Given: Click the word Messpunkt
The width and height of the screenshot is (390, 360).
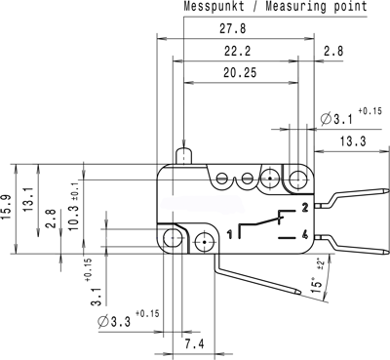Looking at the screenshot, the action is click(214, 7).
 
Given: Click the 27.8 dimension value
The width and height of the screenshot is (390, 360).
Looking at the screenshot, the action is click(233, 28).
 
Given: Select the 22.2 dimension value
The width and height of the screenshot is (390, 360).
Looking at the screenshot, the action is click(237, 51).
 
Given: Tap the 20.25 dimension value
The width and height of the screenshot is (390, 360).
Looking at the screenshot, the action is click(240, 72).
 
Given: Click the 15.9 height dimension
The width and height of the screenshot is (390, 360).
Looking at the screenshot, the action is click(8, 207).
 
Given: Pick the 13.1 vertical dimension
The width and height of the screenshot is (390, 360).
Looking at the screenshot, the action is click(29, 200).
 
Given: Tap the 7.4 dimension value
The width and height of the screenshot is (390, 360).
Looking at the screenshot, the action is click(195, 343).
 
